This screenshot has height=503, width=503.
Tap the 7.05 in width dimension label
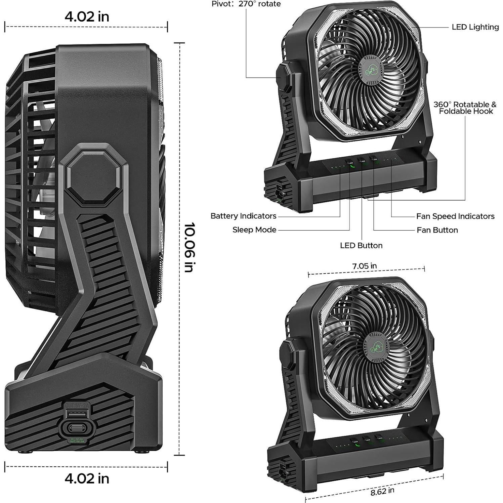[x=364, y=266]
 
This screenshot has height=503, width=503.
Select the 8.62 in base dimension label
[x=382, y=492]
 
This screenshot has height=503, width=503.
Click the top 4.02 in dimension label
[x=87, y=16]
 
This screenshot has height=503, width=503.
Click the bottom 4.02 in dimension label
[x=87, y=478]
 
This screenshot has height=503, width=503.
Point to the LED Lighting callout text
[x=475, y=27]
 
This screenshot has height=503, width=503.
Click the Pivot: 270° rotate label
[x=246, y=4]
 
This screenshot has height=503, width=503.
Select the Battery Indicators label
[x=243, y=216]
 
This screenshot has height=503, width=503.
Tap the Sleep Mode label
[x=254, y=230]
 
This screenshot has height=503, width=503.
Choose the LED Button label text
[x=361, y=246]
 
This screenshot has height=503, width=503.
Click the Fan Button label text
[x=437, y=230]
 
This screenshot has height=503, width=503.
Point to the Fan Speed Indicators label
[x=455, y=216]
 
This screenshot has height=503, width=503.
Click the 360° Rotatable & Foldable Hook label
[x=465, y=108]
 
